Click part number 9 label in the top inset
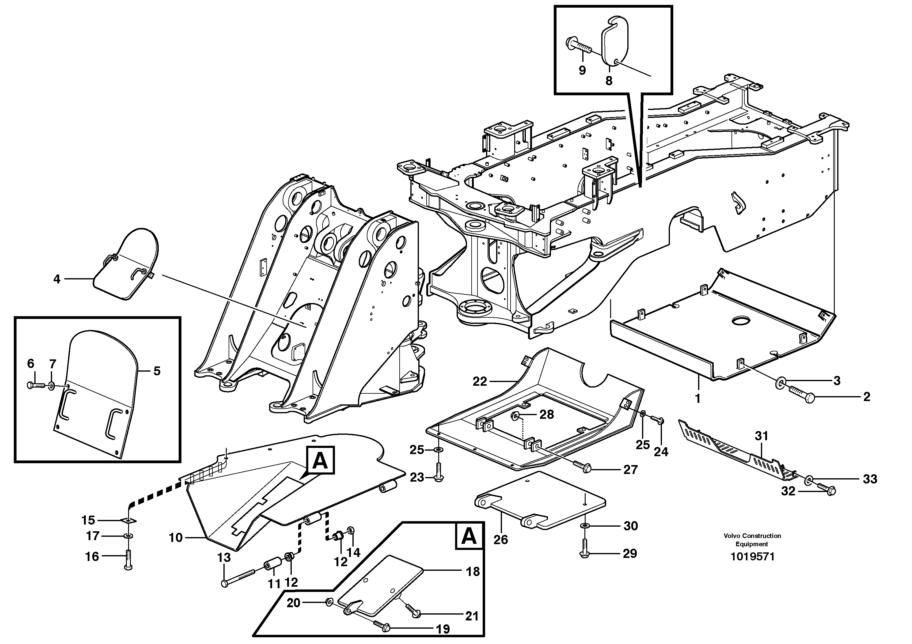coord(582,71)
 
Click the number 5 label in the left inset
coord(157,371)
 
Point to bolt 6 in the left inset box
coord(36,385)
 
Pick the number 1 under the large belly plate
coord(697,398)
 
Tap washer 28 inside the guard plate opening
coord(516,415)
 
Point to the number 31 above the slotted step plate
coord(762,436)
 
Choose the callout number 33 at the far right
coord(870,479)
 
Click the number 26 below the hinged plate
coord(500,540)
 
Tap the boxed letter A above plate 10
coord(320,460)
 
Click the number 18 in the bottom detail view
coord(473,571)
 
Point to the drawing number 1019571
coord(752,557)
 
